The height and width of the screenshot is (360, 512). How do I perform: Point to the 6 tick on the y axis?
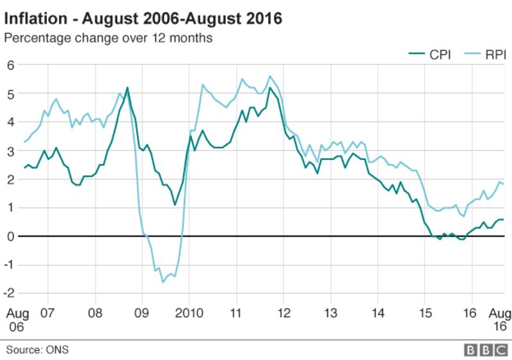point(10,65)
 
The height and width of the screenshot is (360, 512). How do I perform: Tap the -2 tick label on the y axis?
point(9,293)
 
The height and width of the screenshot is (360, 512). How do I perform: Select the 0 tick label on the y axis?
point(10,236)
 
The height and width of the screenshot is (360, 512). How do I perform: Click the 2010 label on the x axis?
point(189,313)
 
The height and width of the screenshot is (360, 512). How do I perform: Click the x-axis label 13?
point(330,313)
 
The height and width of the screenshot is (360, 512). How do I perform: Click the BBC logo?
point(485,350)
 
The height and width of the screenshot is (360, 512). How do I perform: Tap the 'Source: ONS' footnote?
point(37,350)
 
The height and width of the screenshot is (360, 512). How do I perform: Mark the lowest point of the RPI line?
point(163,282)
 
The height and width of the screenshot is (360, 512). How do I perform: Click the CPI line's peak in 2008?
point(127,88)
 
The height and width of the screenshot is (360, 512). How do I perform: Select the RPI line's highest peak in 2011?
point(269,76)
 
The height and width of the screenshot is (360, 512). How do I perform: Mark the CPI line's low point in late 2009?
point(175,205)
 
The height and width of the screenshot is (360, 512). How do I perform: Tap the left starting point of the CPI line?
point(24,168)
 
